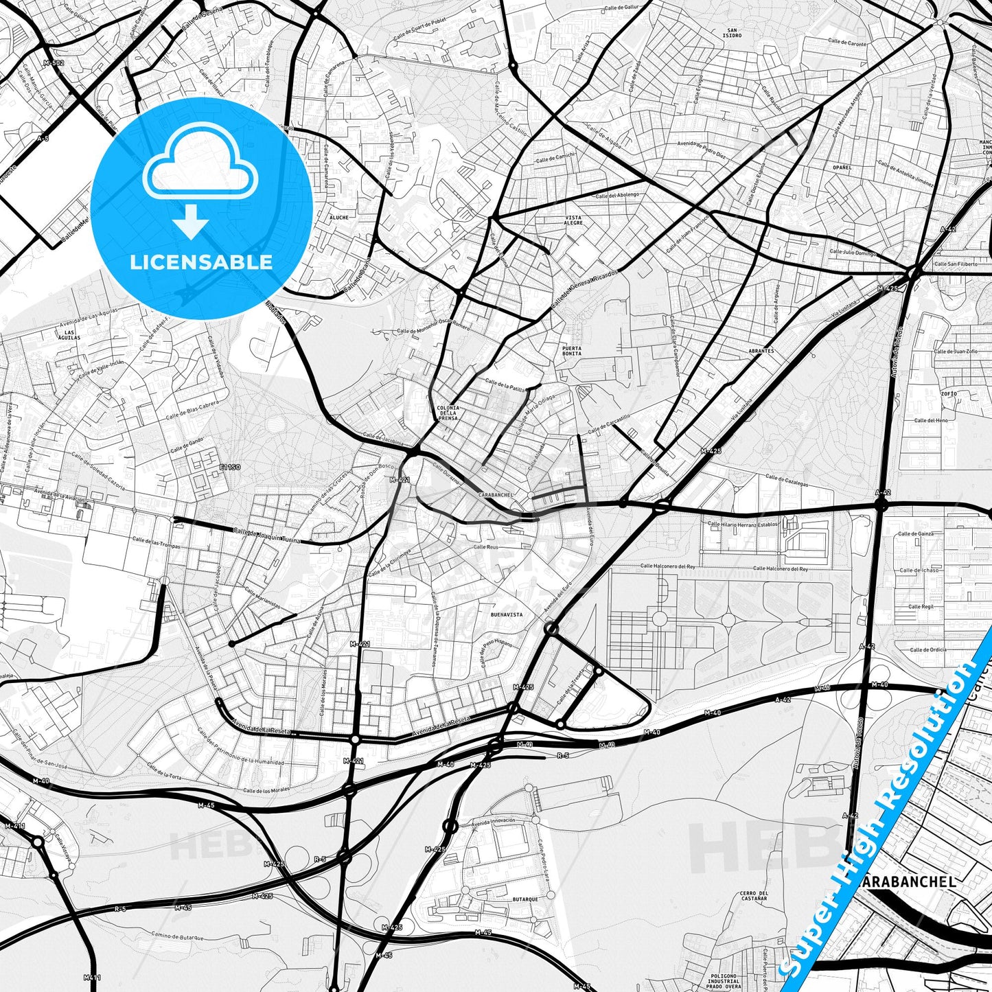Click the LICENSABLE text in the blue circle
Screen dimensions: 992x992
click(201, 262)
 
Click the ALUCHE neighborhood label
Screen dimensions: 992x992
click(339, 218)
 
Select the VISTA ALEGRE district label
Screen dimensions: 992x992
click(573, 220)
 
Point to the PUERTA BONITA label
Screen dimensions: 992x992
click(571, 351)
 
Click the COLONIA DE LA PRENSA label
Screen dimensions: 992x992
click(448, 413)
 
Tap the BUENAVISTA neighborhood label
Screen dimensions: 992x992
click(507, 615)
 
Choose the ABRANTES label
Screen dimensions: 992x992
click(761, 351)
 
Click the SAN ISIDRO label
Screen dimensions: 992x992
click(733, 32)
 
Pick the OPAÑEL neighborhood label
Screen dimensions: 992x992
click(842, 168)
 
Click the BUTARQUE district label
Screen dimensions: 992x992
click(525, 899)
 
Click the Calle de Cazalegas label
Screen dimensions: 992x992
click(787, 481)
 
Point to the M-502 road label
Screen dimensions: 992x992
click(53, 63)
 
